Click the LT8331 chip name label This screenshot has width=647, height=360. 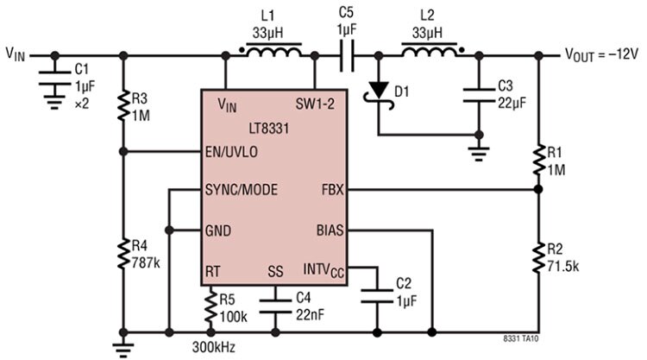pos(268,129)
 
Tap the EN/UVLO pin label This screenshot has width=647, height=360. pos(231,152)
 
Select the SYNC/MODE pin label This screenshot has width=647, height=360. pos(242,190)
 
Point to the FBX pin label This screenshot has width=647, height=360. pos(333,190)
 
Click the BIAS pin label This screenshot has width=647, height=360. pos(330,231)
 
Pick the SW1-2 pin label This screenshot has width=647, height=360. pos(315,104)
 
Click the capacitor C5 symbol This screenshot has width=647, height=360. pos(347,55)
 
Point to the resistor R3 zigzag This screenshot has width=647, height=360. pos(123,106)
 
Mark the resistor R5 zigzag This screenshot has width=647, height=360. pos(210,306)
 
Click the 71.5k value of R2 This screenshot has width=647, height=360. pos(562,267)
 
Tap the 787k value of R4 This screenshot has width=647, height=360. pos(146,262)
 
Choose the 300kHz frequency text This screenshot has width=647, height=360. pos(214,347)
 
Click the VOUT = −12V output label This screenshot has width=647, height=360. pos(601,54)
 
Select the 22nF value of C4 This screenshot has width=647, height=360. pos(310,315)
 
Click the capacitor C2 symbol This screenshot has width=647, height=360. pos(377,295)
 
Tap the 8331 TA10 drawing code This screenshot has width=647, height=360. pos(521,339)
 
